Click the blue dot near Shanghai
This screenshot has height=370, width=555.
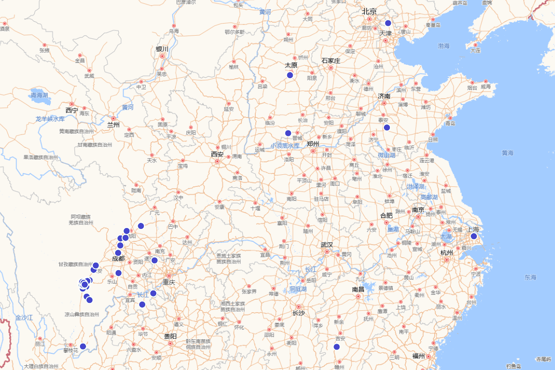474,236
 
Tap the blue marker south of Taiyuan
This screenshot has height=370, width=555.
290,75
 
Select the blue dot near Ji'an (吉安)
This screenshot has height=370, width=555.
337,347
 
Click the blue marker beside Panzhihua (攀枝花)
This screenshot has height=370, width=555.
83,346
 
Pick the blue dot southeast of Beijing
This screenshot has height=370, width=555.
388,23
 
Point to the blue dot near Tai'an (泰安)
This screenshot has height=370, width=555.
387,128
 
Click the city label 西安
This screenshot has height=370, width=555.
217,154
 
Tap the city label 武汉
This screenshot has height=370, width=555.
327,245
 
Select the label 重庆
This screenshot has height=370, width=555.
169,282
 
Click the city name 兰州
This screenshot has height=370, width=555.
113,125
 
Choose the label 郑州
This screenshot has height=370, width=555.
313,143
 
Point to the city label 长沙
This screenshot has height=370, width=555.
298,313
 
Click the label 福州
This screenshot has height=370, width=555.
419,356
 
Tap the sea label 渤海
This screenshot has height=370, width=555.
444,46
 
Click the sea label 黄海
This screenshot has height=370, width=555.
507,153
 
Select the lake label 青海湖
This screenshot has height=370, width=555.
39,95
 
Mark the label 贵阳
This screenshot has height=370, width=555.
170,336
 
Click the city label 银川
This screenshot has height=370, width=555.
162,49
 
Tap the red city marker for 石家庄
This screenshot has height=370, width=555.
331,68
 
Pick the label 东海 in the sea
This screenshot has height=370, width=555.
530,277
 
